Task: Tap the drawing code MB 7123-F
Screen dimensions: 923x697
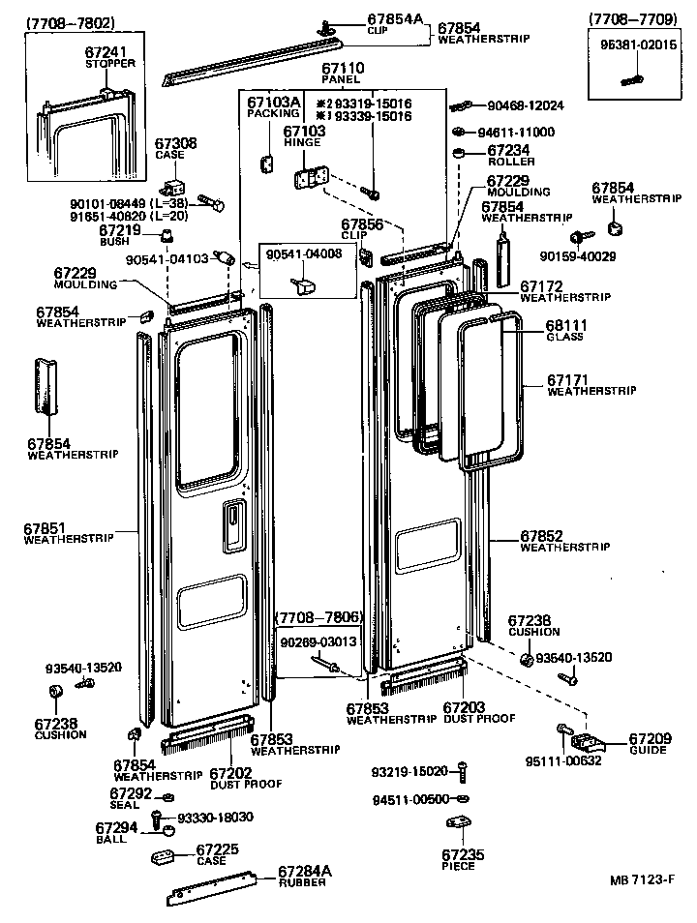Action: (642, 880)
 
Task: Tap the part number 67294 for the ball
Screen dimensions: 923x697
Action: (111, 828)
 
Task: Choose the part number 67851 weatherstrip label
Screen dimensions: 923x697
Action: (45, 528)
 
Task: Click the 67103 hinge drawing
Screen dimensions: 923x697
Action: (310, 178)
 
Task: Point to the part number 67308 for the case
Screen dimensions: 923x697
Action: (175, 143)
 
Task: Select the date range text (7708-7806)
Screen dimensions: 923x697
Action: (319, 617)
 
